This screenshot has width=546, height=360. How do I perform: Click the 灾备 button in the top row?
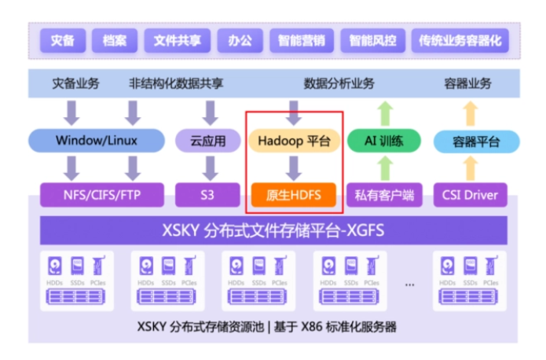[63, 40]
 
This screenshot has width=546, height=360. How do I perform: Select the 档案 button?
[115, 40]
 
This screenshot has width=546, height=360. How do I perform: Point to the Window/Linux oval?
[97, 141]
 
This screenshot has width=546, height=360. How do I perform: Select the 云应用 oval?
[208, 141]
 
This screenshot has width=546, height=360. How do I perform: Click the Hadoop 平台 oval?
[294, 141]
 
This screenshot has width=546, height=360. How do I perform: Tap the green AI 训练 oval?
[383, 141]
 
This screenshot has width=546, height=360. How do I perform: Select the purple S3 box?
[207, 194]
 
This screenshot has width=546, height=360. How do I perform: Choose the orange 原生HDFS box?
[294, 194]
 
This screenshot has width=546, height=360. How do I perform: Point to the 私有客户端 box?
[384, 194]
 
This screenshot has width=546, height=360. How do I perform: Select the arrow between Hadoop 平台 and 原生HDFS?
[294, 167]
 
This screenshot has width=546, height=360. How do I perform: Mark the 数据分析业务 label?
[339, 83]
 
